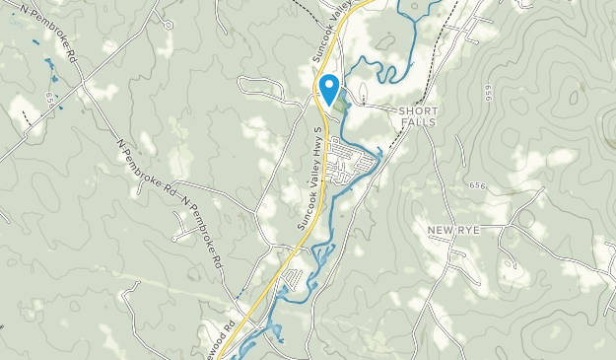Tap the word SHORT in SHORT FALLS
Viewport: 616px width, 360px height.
tap(417, 110)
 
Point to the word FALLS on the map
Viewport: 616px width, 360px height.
tap(417, 122)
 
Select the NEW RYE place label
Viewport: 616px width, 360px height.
tap(452, 230)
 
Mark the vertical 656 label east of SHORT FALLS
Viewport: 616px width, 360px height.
tap(488, 93)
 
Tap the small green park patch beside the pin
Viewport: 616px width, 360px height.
tap(341, 101)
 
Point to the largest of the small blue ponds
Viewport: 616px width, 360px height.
tap(49, 63)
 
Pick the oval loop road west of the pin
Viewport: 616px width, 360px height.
tap(261, 89)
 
